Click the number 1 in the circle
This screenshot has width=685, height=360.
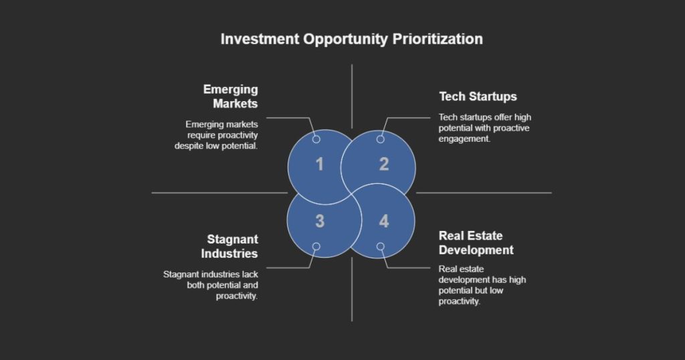coord(320,164)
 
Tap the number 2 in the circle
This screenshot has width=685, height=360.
coord(384,164)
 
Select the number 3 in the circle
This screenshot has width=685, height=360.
coord(320,221)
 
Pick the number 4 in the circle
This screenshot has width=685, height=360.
coord(383,221)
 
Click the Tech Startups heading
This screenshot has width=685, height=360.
coord(478,96)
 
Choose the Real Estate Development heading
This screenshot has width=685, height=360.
coord(476,243)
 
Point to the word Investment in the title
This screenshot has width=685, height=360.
coord(260,39)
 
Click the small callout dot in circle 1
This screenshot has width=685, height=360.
coord(316,139)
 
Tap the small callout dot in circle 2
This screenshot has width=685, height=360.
coord(380,139)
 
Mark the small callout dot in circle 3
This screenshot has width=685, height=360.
coord(316,246)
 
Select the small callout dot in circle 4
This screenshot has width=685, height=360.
coord(380,246)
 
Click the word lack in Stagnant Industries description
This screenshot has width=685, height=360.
coord(249,274)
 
